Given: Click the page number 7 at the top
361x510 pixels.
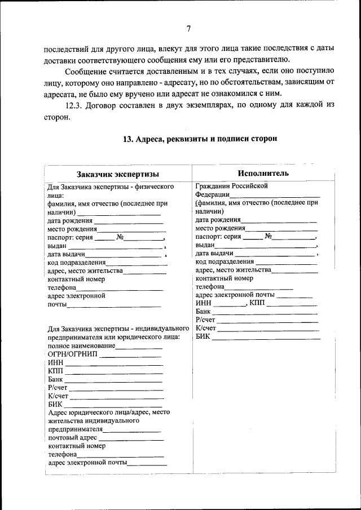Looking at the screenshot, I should coord(188,28).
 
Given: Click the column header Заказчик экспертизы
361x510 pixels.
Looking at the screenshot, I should coord(118,174).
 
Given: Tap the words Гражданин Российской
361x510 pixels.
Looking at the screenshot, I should coord(231,185).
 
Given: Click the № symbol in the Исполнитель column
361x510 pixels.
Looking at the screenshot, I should coord(268,237).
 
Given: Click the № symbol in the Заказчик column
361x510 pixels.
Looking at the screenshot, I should coord(120,237).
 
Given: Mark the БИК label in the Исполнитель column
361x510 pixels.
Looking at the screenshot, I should coord(202,336).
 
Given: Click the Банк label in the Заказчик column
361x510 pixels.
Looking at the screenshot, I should coord(55,379).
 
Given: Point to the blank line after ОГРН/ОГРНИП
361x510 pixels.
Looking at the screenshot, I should coord(130,355).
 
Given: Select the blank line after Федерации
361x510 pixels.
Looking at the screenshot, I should coord(274,194).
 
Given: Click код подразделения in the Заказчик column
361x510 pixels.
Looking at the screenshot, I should coord(76,263).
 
